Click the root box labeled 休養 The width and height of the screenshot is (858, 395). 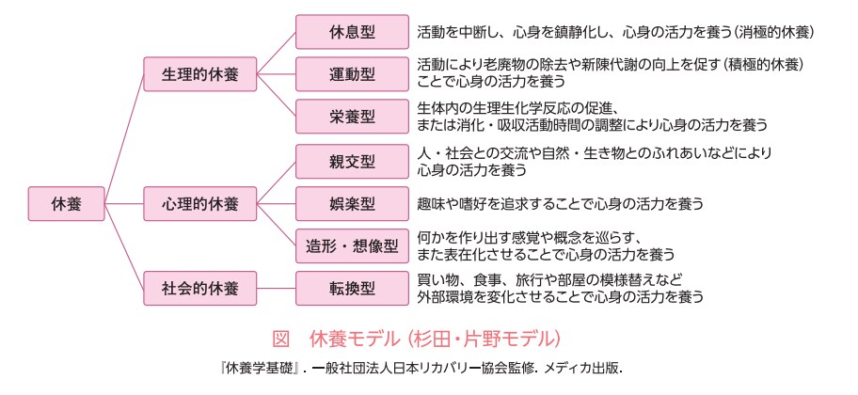coord(65,202)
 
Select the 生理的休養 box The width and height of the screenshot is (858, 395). coord(200,74)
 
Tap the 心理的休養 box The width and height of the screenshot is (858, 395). coord(200,202)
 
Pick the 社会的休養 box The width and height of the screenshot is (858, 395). coord(200,288)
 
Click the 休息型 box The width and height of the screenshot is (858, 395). coord(352,32)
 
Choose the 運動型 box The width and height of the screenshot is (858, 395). coord(352,74)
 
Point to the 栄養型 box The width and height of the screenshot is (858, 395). coord(352,117)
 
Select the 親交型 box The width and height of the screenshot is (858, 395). coord(352,160)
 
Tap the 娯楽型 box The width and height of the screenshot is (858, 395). coord(352,202)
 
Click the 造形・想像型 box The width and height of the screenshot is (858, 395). coord(352,245)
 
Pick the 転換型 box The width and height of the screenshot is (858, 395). coord(352,288)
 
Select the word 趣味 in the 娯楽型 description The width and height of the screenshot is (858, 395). coord(432,203)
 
